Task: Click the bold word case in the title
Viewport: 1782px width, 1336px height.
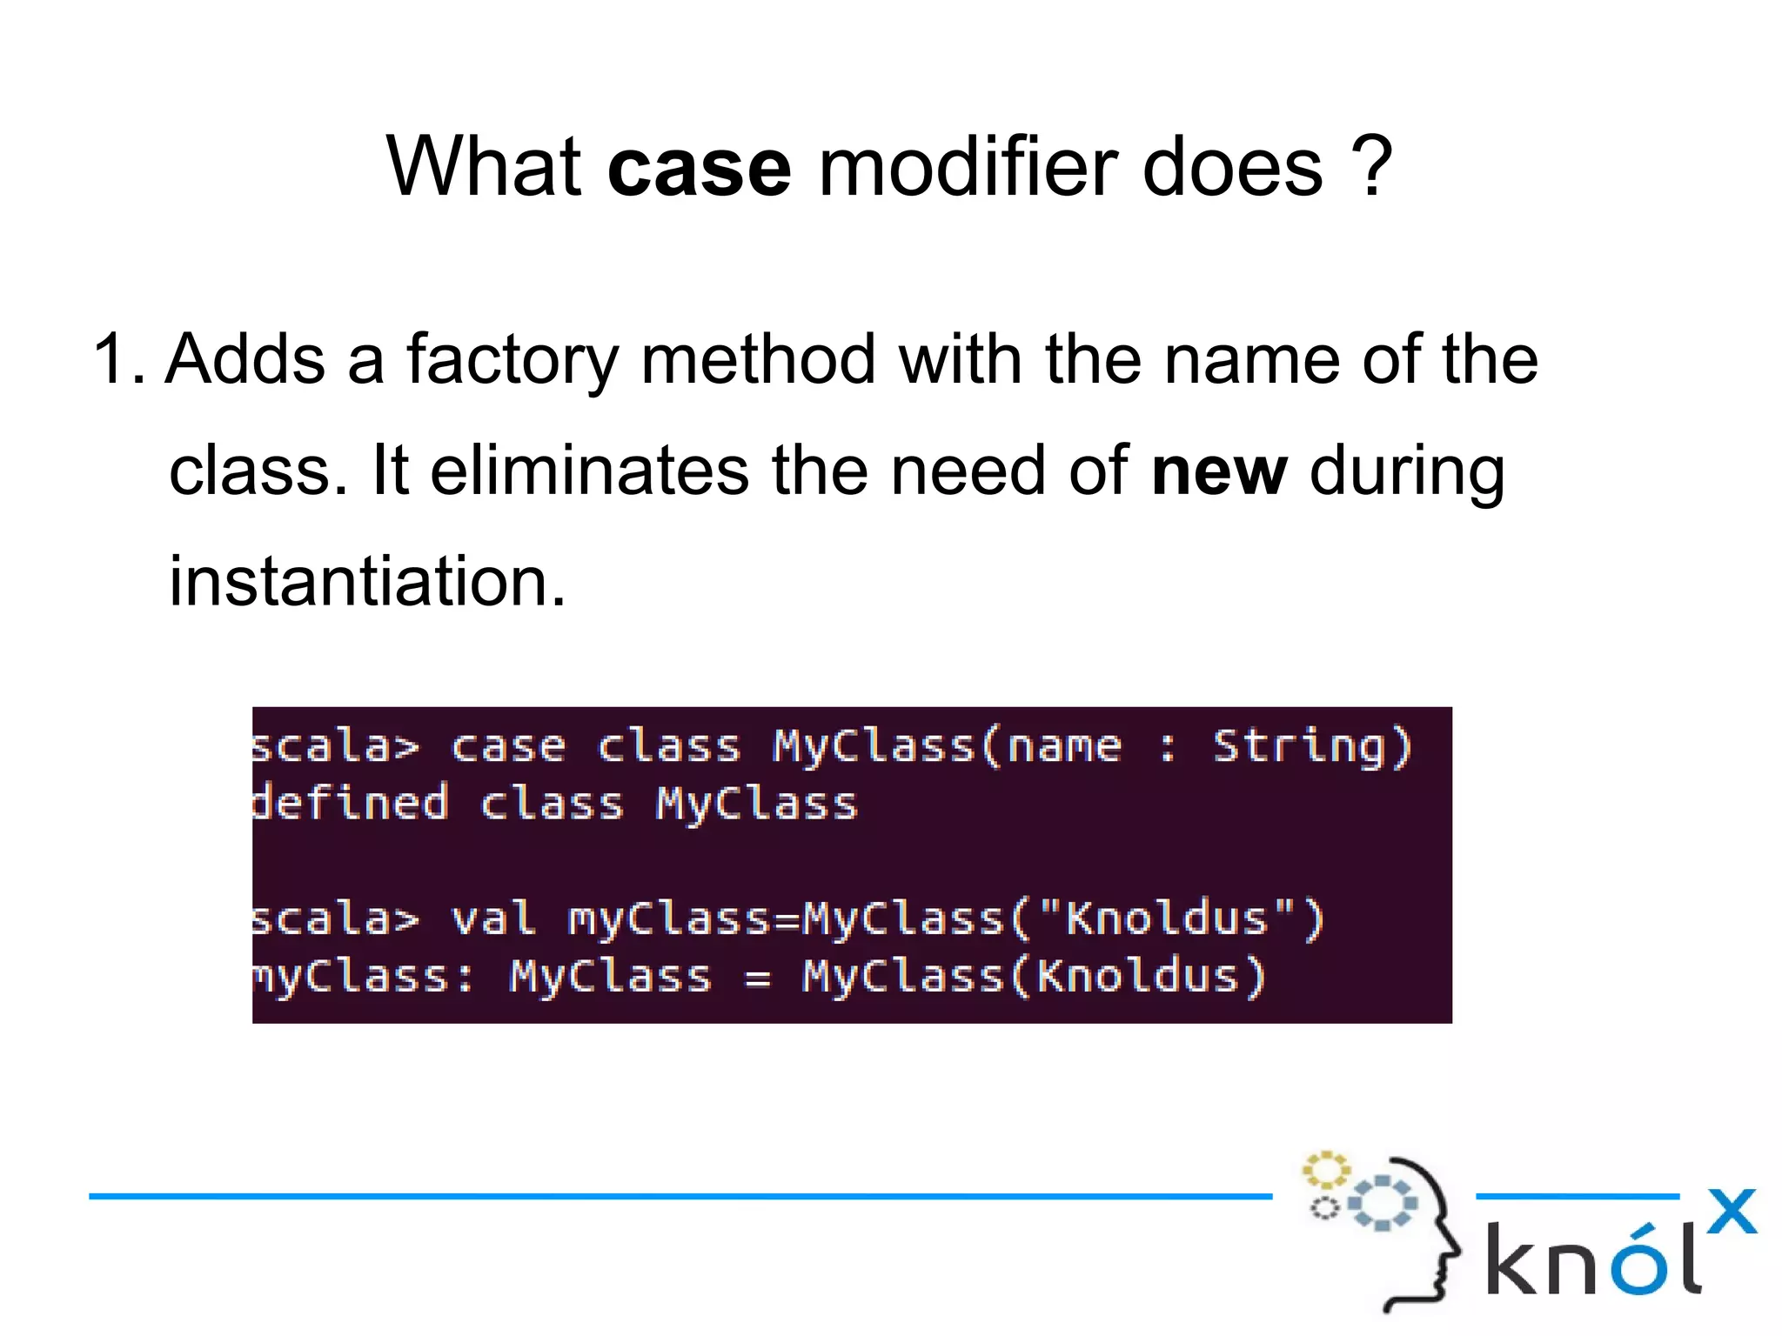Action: point(699,167)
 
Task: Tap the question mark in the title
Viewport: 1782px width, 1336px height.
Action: point(1372,167)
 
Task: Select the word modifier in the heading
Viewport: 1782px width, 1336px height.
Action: point(967,167)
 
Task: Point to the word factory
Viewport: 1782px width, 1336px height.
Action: point(512,360)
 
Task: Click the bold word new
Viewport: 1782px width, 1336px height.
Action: point(1218,471)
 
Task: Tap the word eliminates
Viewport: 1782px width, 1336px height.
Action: point(589,471)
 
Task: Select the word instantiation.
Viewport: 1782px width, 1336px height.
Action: point(367,581)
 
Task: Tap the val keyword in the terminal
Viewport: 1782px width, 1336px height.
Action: point(492,919)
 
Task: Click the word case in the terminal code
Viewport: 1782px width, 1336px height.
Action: point(508,747)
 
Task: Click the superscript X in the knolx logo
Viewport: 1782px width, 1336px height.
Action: point(1732,1211)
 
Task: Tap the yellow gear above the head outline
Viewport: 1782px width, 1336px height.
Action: point(1325,1170)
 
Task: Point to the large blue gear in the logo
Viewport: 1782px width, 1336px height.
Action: point(1382,1203)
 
